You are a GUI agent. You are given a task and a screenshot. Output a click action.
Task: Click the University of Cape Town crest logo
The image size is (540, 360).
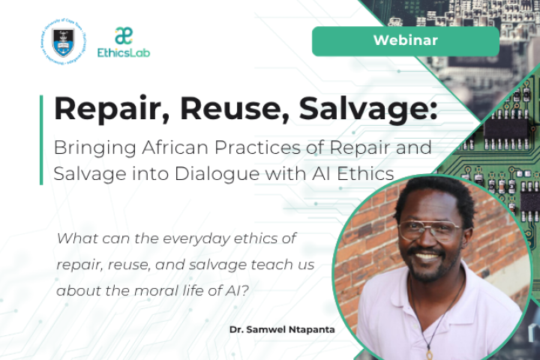click(64, 40)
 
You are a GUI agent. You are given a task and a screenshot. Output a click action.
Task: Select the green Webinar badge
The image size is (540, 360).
click(405, 41)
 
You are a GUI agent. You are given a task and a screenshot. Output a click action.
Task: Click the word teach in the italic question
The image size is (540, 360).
click(258, 266)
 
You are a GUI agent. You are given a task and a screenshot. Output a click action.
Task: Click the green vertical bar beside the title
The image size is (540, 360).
click(41, 139)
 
